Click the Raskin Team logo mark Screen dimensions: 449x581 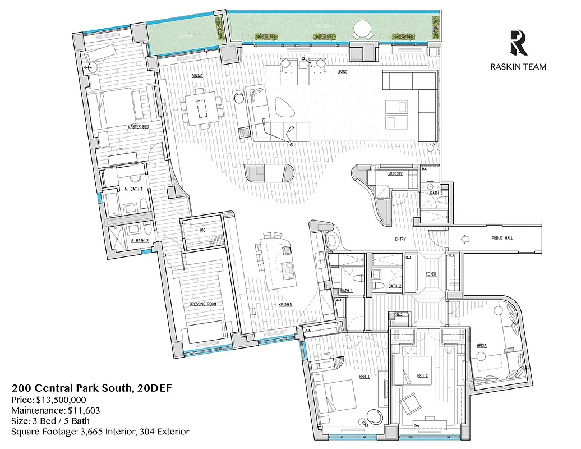[x=518, y=43]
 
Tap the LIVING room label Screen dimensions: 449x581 [x=343, y=72]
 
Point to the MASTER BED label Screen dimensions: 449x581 [x=138, y=127]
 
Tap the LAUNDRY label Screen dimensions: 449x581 [x=395, y=174]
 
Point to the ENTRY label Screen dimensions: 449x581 [x=400, y=240]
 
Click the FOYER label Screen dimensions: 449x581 [x=431, y=274]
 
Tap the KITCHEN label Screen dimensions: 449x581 [x=285, y=304]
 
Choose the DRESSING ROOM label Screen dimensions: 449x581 [x=203, y=304]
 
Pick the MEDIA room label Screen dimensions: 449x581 [x=481, y=346]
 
